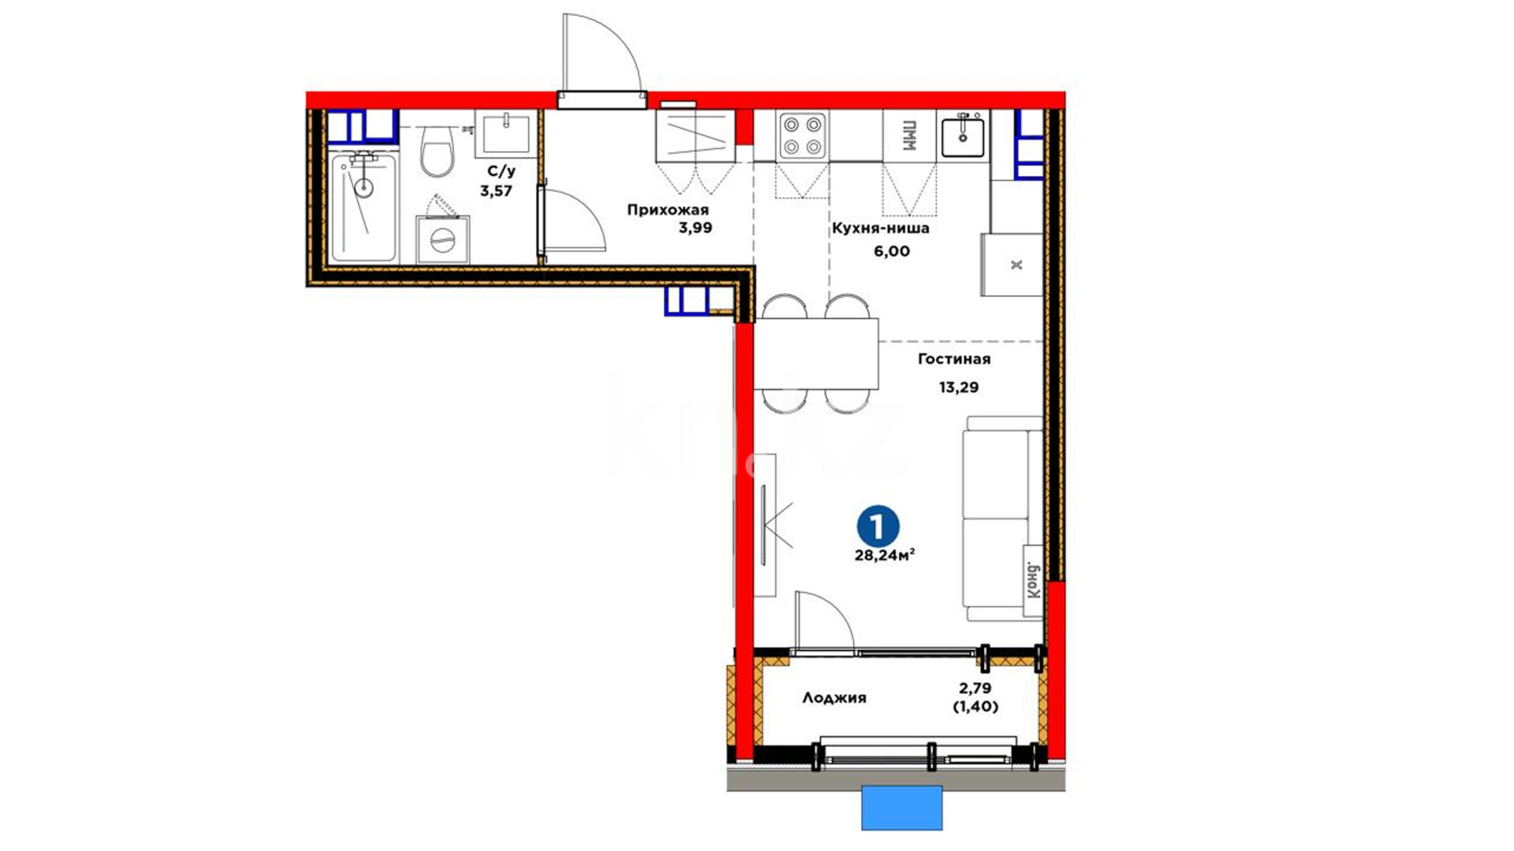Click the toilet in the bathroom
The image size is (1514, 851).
[436, 152]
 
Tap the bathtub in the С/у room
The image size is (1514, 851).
[363, 207]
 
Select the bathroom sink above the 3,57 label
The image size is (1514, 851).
[505, 132]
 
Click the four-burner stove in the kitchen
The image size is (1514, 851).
[803, 136]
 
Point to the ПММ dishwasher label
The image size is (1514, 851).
[909, 136]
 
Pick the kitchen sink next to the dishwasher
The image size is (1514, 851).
[963, 134]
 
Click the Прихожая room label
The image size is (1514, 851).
[668, 210]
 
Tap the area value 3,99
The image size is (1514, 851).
[695, 229]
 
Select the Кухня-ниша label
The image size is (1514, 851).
[881, 229]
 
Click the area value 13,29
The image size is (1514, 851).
[958, 387]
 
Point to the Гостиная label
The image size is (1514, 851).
[954, 359]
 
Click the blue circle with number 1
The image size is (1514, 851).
[878, 526]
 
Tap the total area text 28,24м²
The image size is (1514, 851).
[885, 555]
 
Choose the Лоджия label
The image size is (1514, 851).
[834, 697]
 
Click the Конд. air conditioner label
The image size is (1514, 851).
[1034, 581]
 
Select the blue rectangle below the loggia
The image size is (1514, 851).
[902, 808]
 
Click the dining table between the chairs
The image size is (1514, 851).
[816, 353]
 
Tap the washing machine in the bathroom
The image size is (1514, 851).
[443, 240]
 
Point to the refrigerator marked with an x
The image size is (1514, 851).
[1012, 265]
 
